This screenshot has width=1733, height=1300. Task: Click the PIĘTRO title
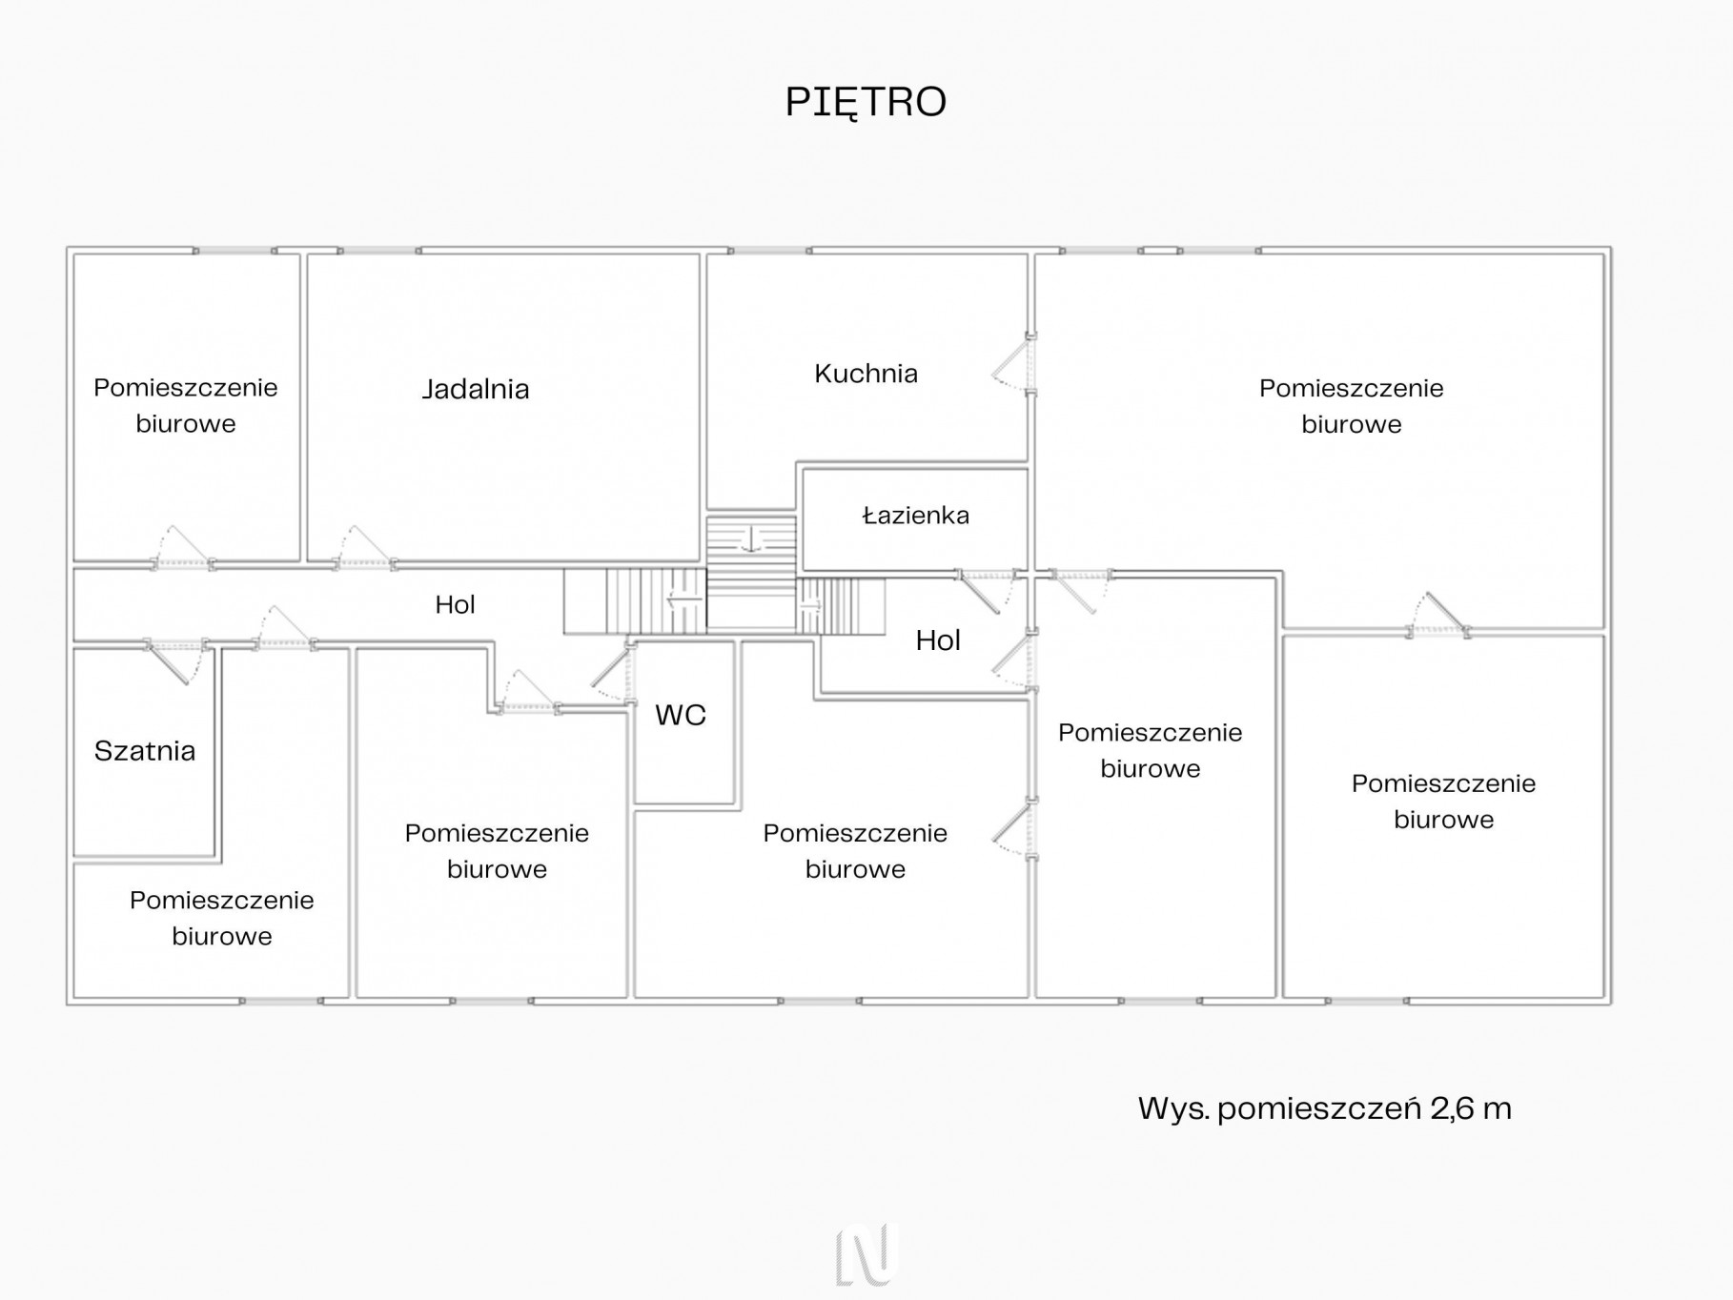(866, 102)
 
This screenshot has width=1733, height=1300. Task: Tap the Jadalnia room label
(476, 389)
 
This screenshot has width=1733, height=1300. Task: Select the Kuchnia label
(866, 374)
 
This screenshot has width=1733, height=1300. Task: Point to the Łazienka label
(915, 516)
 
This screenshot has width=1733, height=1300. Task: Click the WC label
(681, 715)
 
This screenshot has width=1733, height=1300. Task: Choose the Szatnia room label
(145, 751)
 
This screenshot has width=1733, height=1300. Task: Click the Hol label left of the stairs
(455, 604)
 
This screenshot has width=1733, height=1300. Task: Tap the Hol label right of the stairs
(938, 640)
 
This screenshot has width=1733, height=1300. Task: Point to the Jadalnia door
(364, 547)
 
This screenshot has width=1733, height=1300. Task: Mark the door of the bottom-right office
(1439, 615)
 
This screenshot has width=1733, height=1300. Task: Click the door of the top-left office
(183, 547)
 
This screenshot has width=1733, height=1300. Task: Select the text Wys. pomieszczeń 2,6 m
(1325, 1108)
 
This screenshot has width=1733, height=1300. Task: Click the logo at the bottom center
(866, 1253)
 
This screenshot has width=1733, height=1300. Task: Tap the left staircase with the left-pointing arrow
(635, 600)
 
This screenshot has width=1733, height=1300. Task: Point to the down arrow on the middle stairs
(751, 540)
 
